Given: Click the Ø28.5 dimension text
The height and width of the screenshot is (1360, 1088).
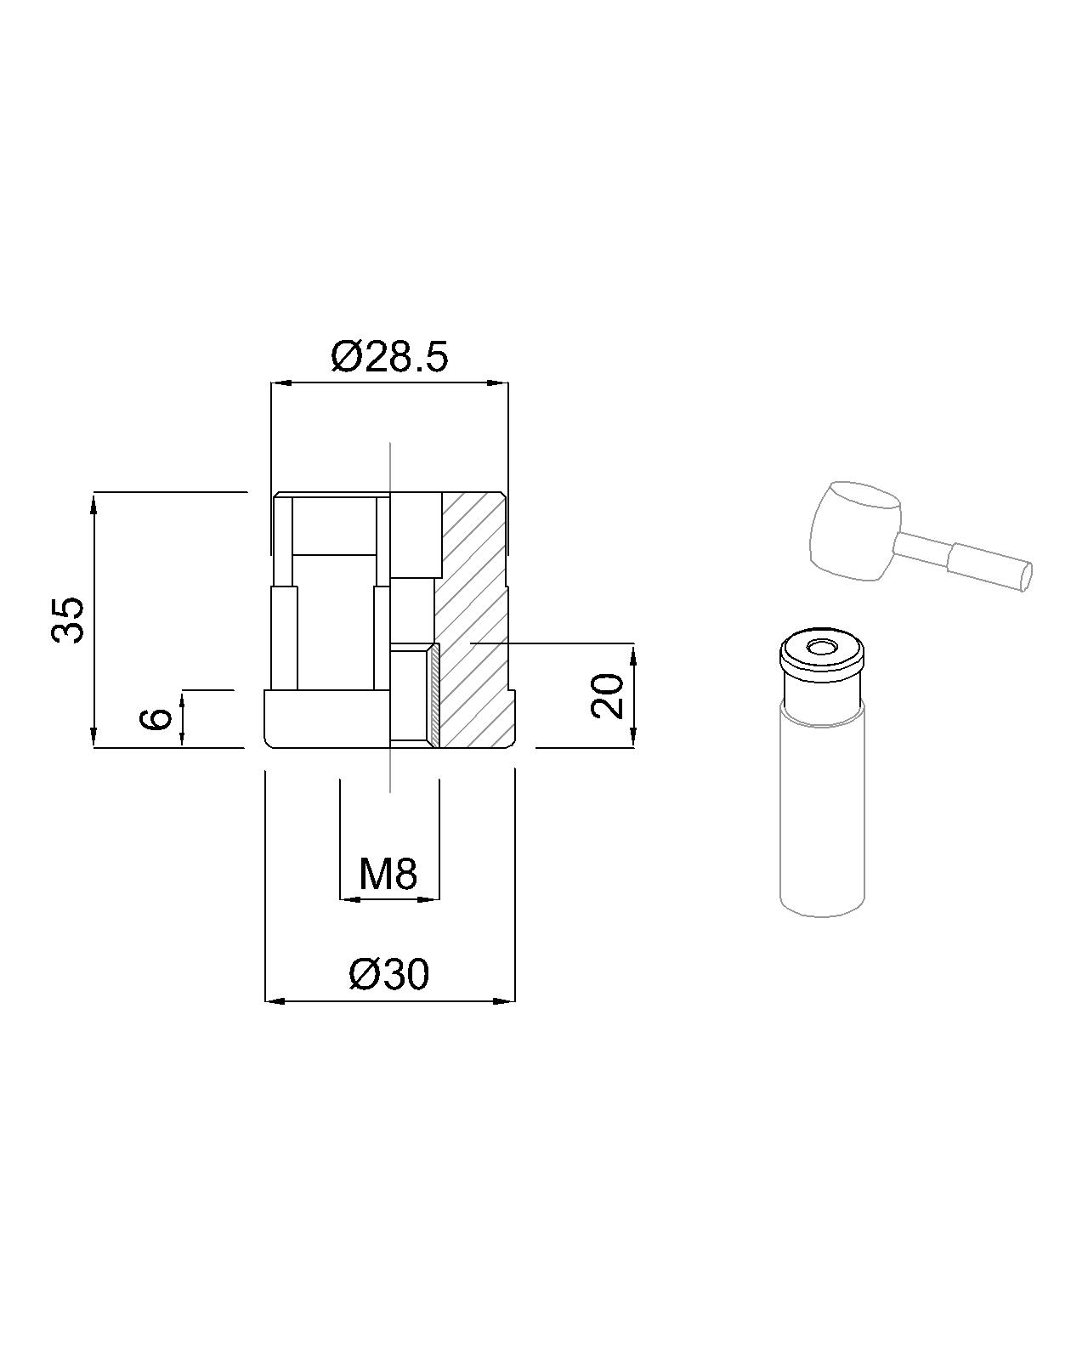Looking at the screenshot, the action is [389, 356].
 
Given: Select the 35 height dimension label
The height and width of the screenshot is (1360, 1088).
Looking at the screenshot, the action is [68, 620].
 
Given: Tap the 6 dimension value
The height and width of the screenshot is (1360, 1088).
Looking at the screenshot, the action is [156, 718].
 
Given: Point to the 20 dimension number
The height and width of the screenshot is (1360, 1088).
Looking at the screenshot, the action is [607, 695].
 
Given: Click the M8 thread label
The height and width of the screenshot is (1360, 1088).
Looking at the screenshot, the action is [388, 874].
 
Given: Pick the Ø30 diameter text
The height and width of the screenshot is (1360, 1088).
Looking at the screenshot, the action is [388, 974].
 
